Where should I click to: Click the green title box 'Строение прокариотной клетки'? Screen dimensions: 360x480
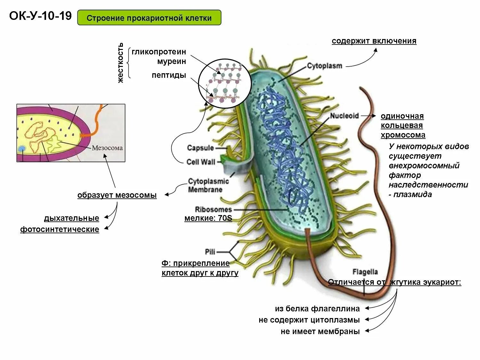click(x=149, y=18)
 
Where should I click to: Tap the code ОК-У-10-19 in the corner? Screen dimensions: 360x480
click(x=40, y=16)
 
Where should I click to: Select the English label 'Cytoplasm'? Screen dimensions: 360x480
click(x=324, y=66)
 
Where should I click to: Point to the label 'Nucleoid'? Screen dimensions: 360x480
click(x=344, y=116)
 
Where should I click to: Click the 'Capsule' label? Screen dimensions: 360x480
click(x=200, y=148)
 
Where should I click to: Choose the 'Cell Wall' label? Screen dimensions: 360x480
click(x=201, y=162)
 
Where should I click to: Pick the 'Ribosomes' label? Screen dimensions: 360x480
click(x=213, y=210)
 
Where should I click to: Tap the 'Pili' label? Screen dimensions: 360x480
click(x=210, y=252)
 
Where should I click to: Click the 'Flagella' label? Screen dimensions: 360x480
click(x=365, y=272)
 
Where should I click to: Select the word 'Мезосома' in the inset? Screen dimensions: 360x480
click(x=107, y=148)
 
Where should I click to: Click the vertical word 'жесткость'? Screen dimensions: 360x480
click(x=120, y=63)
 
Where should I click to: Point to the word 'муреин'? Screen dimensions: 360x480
click(x=172, y=61)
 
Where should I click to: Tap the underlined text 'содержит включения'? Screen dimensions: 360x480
click(x=374, y=41)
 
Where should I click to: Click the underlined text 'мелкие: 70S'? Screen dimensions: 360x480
click(x=208, y=219)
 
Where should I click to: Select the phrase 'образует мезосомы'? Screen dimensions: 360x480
click(x=117, y=195)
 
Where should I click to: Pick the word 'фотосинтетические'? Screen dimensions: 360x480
click(x=60, y=229)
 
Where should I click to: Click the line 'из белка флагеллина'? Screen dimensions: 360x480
click(x=317, y=309)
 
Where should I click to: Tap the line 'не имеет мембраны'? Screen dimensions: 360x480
click(x=320, y=332)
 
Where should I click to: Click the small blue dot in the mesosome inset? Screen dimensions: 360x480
click(x=22, y=148)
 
